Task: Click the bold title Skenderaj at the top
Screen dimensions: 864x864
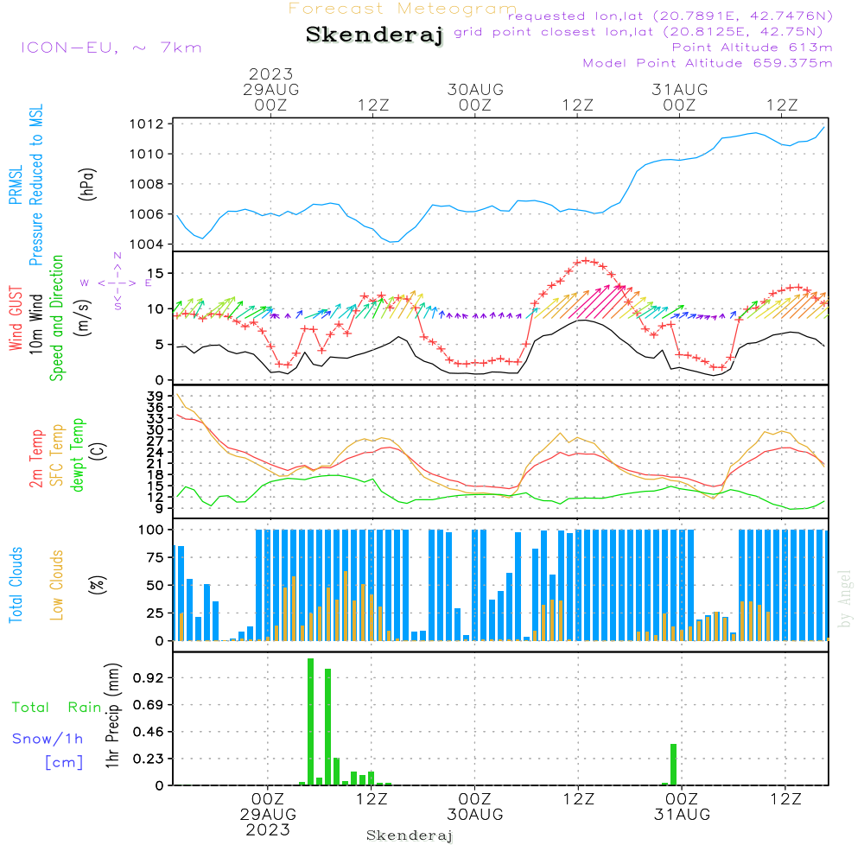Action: point(374,35)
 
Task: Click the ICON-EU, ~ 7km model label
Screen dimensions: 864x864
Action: point(111,48)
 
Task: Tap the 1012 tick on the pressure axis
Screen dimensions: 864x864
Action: point(147,124)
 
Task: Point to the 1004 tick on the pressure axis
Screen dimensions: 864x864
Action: point(147,244)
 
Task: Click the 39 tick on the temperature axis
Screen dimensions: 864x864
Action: point(156,397)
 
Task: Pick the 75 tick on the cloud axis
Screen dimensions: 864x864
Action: point(156,557)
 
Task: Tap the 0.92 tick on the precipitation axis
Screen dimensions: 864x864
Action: point(149,678)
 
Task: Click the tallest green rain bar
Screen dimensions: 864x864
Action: point(311,721)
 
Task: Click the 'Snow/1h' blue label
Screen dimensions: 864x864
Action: point(48,739)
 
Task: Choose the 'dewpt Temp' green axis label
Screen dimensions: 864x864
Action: point(79,454)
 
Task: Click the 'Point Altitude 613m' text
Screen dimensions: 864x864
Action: point(752,48)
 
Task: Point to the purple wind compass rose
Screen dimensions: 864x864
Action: point(118,283)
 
